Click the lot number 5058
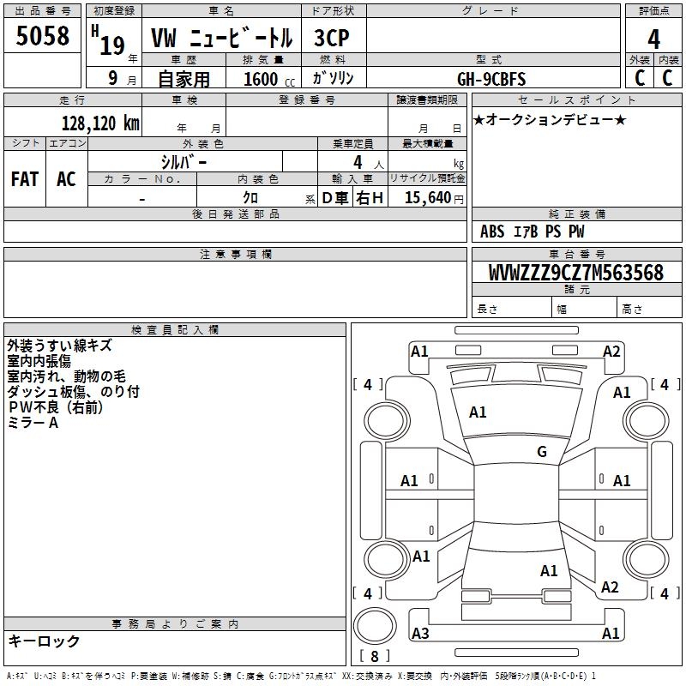click(43, 37)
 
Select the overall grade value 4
click(653, 39)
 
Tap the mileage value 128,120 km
click(100, 123)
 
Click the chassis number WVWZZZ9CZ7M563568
click(575, 273)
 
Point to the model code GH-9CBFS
click(492, 78)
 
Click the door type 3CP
click(333, 39)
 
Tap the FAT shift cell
click(24, 179)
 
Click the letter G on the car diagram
click(542, 452)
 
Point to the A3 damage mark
click(420, 633)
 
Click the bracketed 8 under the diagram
click(374, 656)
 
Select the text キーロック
click(44, 641)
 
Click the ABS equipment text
click(492, 232)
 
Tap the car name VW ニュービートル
click(221, 39)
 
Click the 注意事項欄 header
click(235, 255)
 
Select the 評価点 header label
click(654, 11)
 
